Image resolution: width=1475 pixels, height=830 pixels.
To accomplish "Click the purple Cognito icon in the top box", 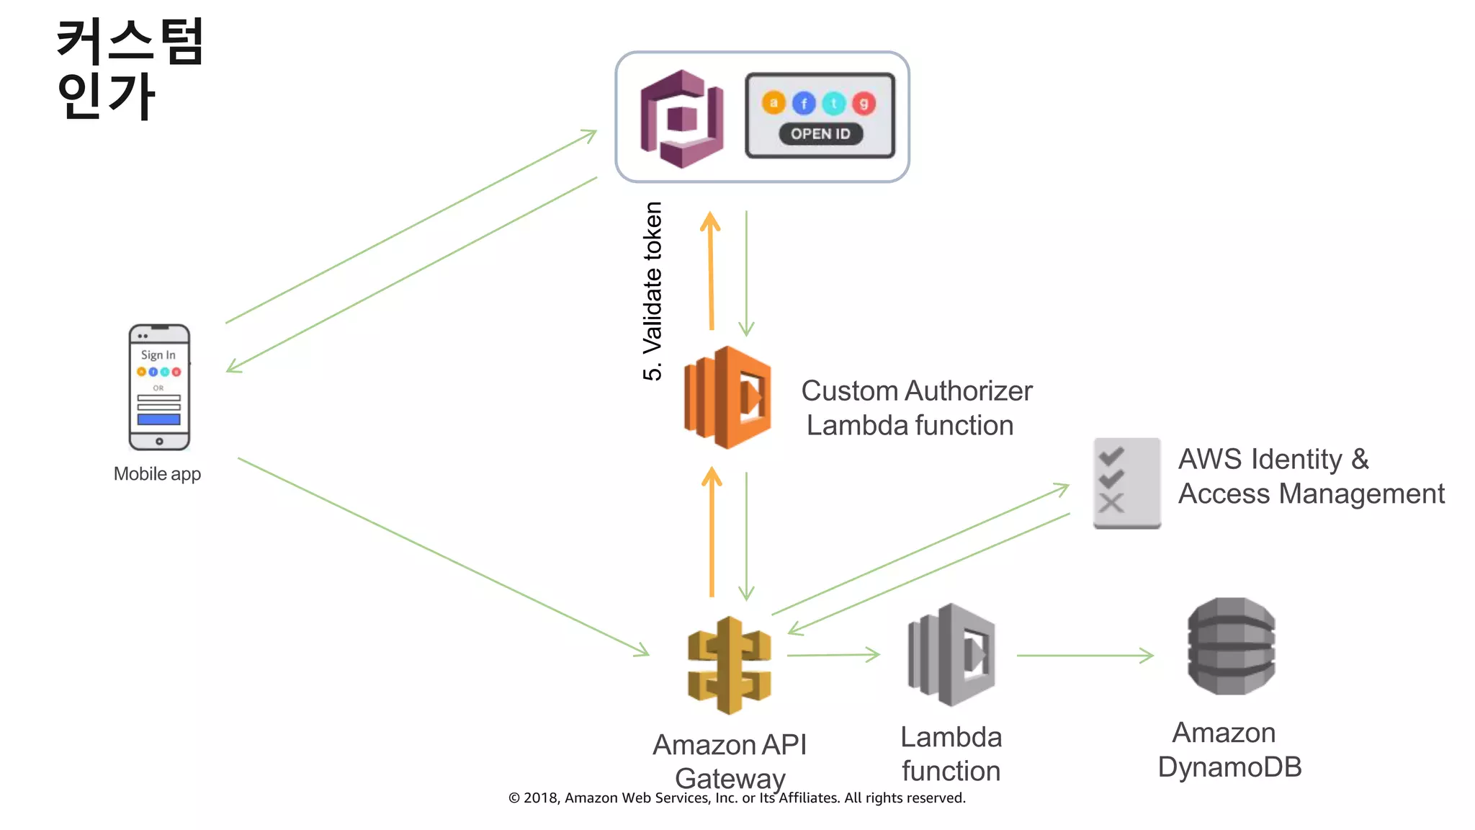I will tap(681, 119).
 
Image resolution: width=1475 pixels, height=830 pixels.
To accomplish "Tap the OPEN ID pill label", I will tap(820, 134).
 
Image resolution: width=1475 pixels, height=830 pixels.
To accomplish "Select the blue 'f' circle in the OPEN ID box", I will tap(804, 104).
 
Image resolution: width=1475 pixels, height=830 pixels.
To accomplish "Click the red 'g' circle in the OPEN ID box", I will tap(864, 104).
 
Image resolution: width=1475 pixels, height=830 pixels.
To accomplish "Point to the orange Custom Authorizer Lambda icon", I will tap(727, 398).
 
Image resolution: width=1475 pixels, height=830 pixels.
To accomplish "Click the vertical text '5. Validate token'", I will tap(653, 291).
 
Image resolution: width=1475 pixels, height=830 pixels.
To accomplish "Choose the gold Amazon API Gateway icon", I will tap(730, 665).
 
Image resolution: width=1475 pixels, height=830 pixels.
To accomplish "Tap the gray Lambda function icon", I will tap(951, 654).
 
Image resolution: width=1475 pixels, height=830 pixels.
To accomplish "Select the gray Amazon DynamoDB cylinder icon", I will tap(1231, 646).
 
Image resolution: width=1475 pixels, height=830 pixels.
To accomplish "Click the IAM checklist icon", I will tap(1126, 483).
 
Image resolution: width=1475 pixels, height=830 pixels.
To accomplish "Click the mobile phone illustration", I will tap(159, 388).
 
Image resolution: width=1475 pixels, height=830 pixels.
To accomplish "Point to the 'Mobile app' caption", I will tap(157, 474).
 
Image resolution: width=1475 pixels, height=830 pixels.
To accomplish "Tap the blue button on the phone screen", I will tap(159, 419).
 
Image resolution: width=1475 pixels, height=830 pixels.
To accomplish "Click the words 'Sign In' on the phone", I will tap(158, 355).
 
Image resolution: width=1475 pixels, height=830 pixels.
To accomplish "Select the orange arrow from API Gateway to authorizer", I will tap(712, 533).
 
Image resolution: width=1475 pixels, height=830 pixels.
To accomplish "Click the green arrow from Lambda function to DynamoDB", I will tap(1084, 656).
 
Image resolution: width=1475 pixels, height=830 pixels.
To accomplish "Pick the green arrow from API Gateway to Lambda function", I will tap(833, 655).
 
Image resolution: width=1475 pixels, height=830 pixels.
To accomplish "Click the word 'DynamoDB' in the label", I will tap(1229, 767).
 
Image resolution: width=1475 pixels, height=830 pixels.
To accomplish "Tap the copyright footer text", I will tap(737, 798).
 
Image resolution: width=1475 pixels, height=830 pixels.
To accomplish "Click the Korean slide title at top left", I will tap(130, 68).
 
